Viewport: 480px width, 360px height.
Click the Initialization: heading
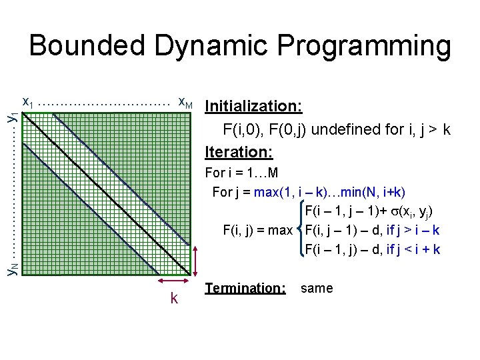point(254,107)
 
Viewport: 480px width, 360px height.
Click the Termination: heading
point(245,289)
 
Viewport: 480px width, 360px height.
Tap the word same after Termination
point(317,289)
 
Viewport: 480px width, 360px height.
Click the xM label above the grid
point(185,103)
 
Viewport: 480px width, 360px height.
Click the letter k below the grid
point(174,298)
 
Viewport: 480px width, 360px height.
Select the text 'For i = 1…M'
point(241,173)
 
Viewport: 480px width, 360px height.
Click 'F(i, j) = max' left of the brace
point(257,231)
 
